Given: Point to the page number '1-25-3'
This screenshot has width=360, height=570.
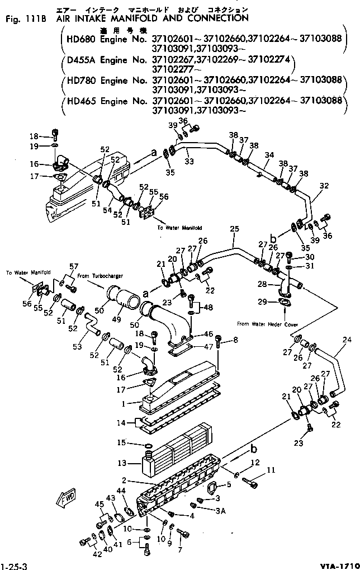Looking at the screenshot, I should [13, 564].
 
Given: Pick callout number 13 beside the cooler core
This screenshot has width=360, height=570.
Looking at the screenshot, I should [129, 463].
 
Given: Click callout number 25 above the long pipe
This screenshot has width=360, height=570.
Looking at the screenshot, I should [234, 229].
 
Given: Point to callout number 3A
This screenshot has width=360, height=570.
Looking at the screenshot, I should [221, 510].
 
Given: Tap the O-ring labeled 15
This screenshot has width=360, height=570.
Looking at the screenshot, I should [148, 445].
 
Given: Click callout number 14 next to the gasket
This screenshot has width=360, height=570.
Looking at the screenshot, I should [129, 422].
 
